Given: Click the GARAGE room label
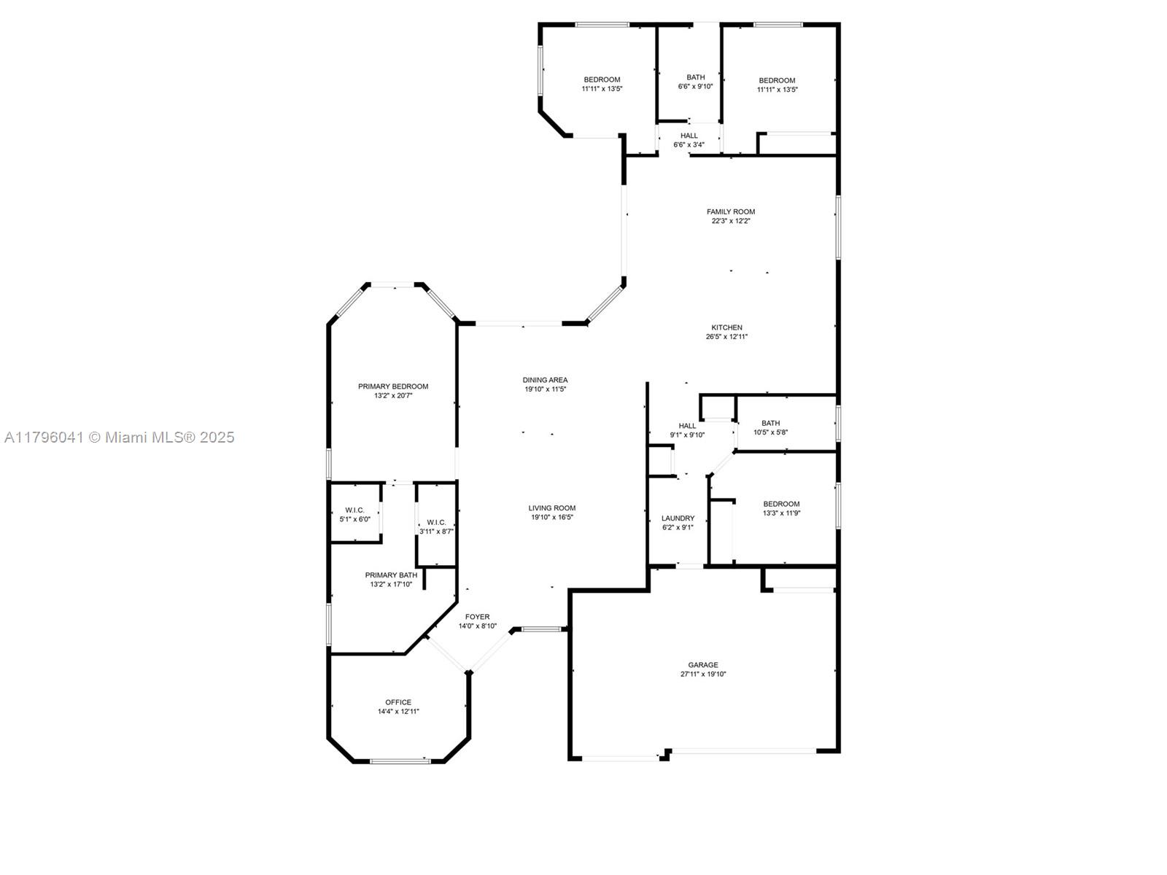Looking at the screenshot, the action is coord(703,664).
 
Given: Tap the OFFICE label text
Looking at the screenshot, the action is coord(398,701).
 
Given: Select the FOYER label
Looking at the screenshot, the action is coord(478,617).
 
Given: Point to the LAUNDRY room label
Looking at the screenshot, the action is coord(678,518).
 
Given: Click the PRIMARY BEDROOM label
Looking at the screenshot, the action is coord(393,386).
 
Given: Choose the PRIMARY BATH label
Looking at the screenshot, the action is coord(391,575).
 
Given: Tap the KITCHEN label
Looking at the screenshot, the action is coord(726,327).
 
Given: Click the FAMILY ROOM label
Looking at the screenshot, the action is coord(731,211).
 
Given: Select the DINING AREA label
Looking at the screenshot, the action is coord(545,380).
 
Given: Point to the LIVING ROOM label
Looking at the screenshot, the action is coord(552,508).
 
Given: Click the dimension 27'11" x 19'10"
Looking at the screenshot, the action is coord(703,674).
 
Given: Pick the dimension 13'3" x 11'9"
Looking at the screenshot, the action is coord(782,513).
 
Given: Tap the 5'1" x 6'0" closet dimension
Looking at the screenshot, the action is coord(354,519).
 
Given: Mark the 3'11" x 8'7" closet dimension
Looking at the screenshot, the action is coord(436,532).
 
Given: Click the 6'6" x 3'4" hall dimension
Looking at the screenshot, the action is coord(689,144).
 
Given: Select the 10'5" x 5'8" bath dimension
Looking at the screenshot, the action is coord(770,432).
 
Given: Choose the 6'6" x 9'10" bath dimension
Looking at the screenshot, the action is coord(695,87).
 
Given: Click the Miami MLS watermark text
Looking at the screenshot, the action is coord(119,437).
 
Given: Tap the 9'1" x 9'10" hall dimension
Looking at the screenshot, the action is coord(688,435).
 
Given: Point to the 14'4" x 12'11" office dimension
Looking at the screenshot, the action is coord(398,712).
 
